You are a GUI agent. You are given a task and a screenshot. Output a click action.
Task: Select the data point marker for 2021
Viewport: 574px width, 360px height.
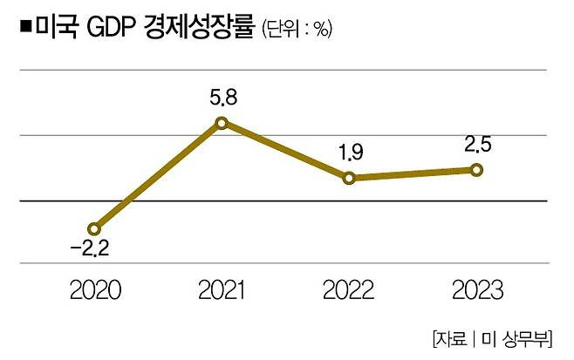coord(222,123)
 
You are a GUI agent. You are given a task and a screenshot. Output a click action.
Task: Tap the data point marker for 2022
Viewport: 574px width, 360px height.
coord(349,179)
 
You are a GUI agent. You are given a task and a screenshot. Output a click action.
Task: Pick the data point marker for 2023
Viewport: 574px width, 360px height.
coord(476,169)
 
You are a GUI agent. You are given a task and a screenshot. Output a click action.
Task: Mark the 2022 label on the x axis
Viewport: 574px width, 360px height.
coord(349,289)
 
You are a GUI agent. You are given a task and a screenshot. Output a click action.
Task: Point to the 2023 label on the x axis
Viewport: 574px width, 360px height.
coord(476,289)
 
